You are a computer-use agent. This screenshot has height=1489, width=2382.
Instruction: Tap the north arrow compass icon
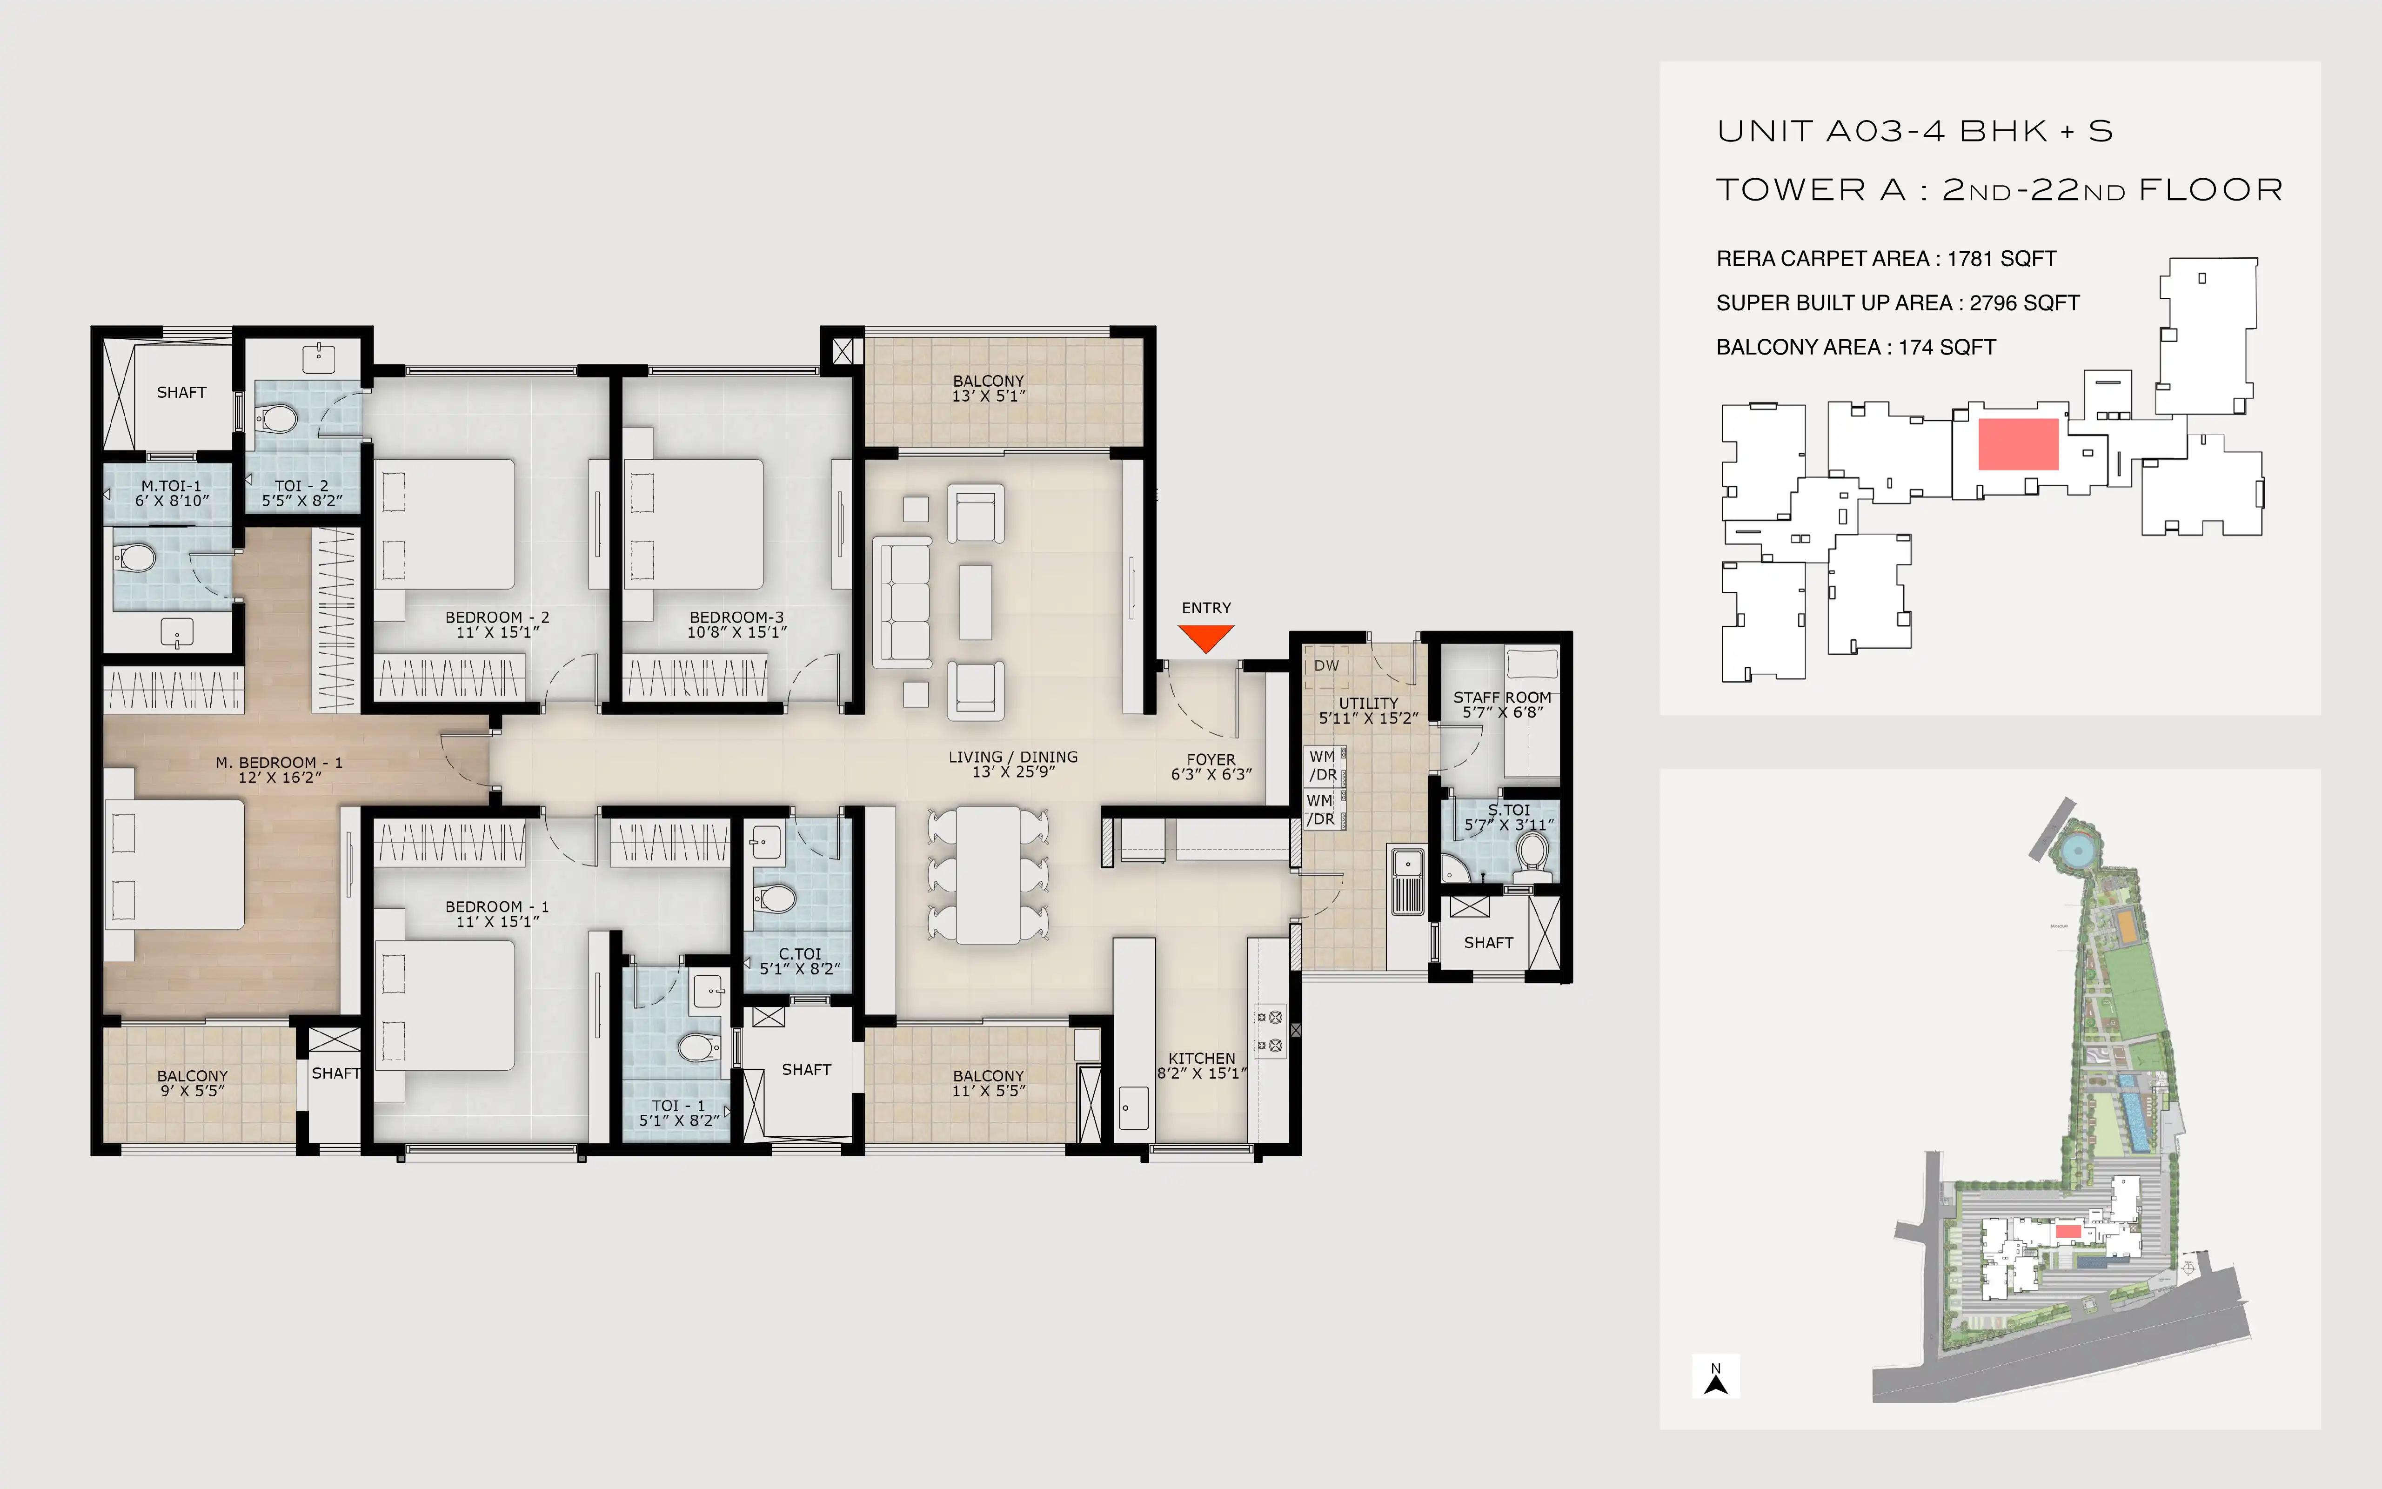[1716, 1377]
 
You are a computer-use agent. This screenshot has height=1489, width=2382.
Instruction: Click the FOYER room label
[1211, 759]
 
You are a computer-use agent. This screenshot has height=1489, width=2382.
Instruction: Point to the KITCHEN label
[1202, 1058]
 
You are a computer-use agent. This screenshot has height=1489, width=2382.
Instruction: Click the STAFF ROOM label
[1502, 697]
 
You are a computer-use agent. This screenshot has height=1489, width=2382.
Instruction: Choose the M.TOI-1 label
[171, 485]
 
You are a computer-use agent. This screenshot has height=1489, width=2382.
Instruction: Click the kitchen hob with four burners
[1270, 1031]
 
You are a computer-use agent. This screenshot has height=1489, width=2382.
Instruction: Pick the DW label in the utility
[1326, 666]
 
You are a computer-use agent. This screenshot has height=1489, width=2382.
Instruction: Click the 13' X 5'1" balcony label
[988, 396]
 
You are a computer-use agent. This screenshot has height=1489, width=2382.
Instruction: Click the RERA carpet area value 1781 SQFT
[2002, 259]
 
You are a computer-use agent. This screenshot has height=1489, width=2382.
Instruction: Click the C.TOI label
[799, 953]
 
